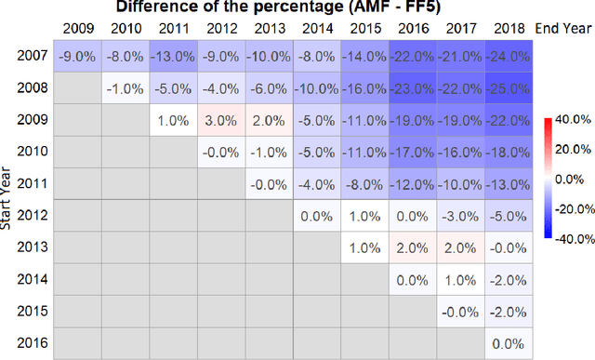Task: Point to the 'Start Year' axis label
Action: [x=8, y=199]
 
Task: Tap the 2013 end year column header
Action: [x=271, y=27]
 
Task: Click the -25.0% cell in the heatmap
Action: [x=508, y=88]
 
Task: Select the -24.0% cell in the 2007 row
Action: [x=508, y=57]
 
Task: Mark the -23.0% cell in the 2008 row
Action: [x=413, y=88]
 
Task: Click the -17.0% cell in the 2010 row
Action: [x=413, y=153]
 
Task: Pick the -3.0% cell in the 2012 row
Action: [x=460, y=216]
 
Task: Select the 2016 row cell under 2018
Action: [x=508, y=343]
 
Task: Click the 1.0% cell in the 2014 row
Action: [x=460, y=280]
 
